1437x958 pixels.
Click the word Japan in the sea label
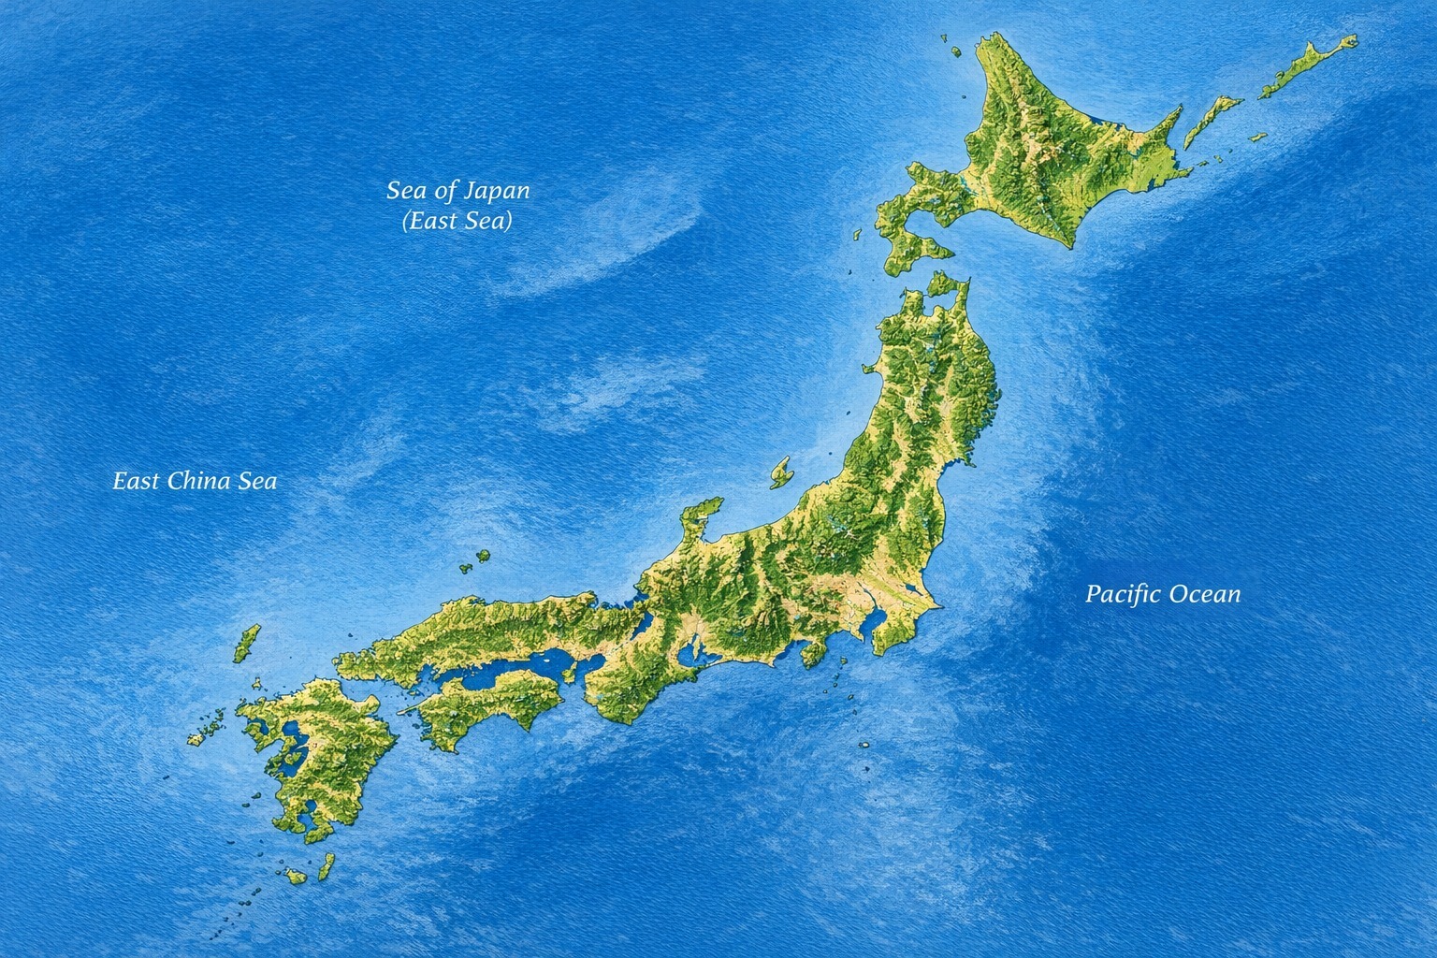pyautogui.click(x=497, y=192)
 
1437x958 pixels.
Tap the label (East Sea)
pyautogui.click(x=457, y=222)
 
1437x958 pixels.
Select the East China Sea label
pyautogui.click(x=195, y=481)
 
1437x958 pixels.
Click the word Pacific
pyautogui.click(x=1123, y=593)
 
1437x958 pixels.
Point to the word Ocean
pyautogui.click(x=1208, y=593)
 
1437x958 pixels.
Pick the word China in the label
pyautogui.click(x=200, y=481)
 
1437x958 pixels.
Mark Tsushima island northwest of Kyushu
pyautogui.click(x=247, y=643)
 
